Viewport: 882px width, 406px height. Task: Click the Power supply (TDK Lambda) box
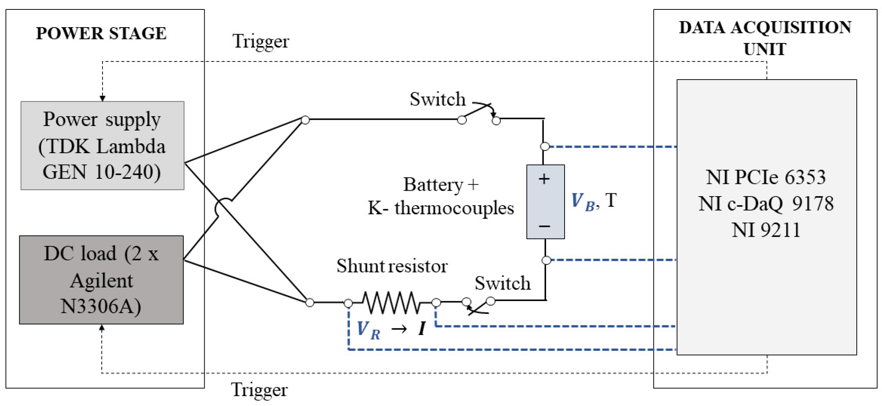coord(102,145)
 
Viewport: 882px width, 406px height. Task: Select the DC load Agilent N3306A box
coord(101,280)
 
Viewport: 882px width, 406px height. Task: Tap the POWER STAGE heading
coord(101,33)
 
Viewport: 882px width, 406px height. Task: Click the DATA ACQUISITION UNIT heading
coord(765,38)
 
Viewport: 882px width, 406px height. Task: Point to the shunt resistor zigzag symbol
coord(392,302)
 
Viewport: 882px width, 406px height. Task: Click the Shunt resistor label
coord(392,266)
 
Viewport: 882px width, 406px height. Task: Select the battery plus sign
coord(544,179)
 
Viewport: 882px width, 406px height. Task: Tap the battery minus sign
coord(544,226)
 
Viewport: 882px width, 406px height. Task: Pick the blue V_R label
coord(368,330)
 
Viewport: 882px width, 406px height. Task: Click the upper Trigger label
coord(261,41)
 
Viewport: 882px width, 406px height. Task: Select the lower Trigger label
coord(259,390)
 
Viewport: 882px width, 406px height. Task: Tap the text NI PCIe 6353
coord(766,177)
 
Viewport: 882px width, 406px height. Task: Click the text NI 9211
coord(766,230)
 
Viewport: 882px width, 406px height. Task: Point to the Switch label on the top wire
coord(437,99)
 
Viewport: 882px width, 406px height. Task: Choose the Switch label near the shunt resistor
coord(502,283)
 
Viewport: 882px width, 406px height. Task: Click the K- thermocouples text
coord(440,208)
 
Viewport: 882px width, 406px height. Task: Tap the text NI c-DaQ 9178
coord(766,204)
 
